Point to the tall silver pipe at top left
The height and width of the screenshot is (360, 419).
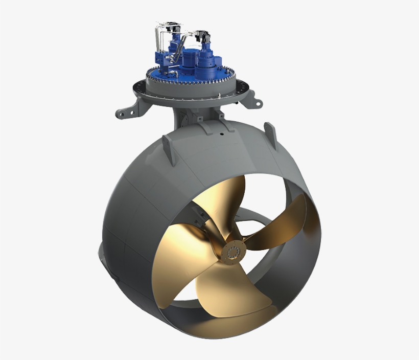tap(158, 38)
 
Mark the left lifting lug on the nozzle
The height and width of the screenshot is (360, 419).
tap(169, 148)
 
